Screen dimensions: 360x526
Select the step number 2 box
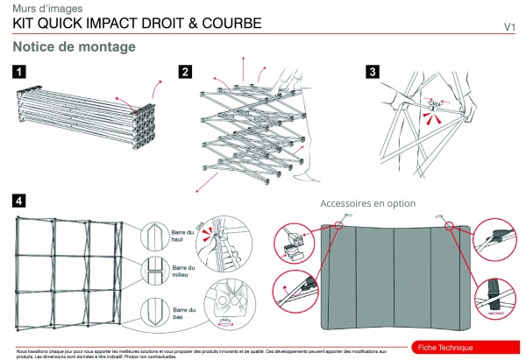click(x=185, y=72)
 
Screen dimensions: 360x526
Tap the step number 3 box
click(x=372, y=72)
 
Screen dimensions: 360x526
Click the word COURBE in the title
click(x=228, y=24)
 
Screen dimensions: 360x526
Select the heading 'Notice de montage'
click(x=75, y=46)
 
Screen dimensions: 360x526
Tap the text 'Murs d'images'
click(x=42, y=8)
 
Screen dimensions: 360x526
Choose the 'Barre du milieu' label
click(x=184, y=272)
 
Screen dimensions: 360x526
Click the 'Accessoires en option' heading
click(x=367, y=203)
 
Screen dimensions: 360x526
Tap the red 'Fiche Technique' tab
click(x=445, y=348)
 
